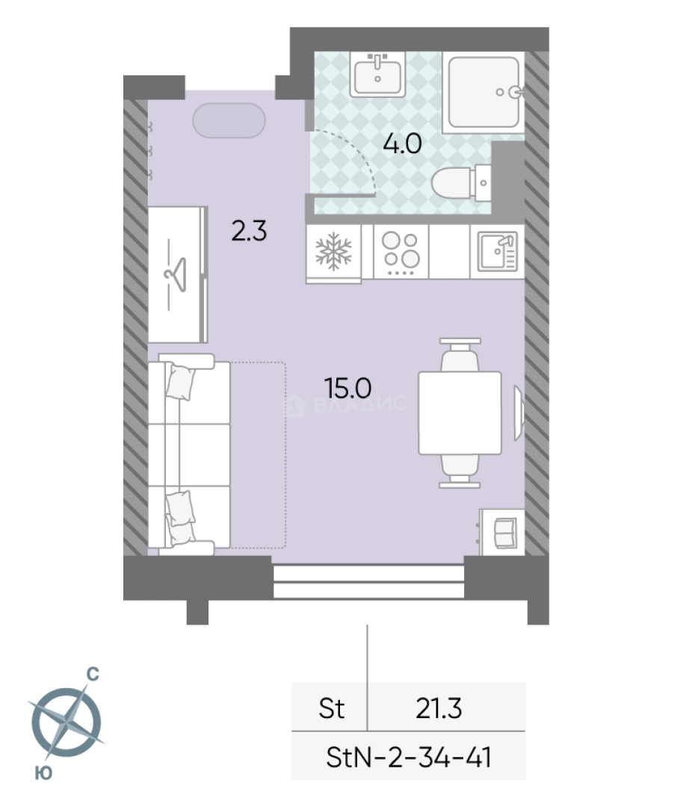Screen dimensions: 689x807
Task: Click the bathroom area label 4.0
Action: (x=402, y=143)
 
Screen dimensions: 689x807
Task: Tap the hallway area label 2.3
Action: (x=249, y=231)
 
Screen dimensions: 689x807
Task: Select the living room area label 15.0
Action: (x=347, y=388)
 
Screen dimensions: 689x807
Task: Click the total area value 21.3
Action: (x=439, y=708)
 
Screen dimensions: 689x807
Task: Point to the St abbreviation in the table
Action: (x=331, y=708)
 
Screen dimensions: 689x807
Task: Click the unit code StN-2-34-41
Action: (x=409, y=758)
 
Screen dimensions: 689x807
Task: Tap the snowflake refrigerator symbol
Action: (x=333, y=251)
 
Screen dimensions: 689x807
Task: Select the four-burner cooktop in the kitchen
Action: (x=401, y=253)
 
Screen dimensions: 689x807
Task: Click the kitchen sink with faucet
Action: (x=498, y=252)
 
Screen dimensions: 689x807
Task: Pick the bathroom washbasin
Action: (x=377, y=75)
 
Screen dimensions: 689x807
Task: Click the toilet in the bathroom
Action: (x=460, y=183)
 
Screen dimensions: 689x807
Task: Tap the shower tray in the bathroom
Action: (x=483, y=92)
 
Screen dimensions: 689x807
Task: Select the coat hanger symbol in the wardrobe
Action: (x=176, y=274)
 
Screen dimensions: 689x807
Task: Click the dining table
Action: (x=460, y=412)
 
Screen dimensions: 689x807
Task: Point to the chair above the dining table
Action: (x=460, y=355)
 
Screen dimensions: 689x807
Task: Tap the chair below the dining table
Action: (x=460, y=471)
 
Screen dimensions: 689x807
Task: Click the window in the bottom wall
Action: (x=368, y=581)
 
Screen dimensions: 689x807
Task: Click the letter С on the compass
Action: (x=93, y=674)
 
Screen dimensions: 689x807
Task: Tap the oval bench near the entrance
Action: (x=229, y=121)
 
